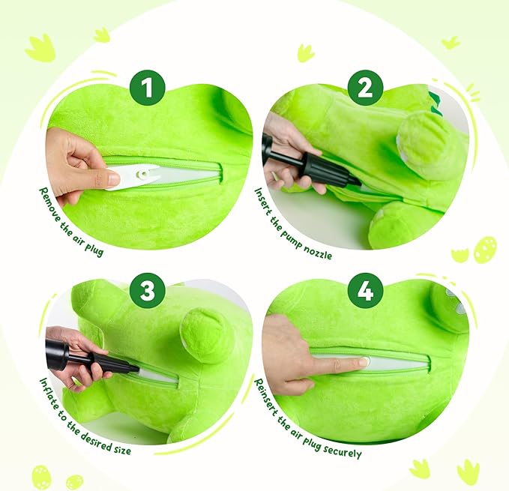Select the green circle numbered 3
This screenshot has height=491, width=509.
pos(148,290)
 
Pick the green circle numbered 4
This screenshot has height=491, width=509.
pos(365,290)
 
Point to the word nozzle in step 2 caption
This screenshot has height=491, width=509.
pos(319,252)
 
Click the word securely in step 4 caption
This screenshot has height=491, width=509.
pos(342,450)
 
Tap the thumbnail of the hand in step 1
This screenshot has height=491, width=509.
pos(114,178)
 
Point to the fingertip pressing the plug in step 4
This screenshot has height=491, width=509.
pos(364,361)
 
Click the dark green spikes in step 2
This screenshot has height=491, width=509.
pos(436,103)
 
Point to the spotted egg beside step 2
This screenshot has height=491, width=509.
pos(485,249)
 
